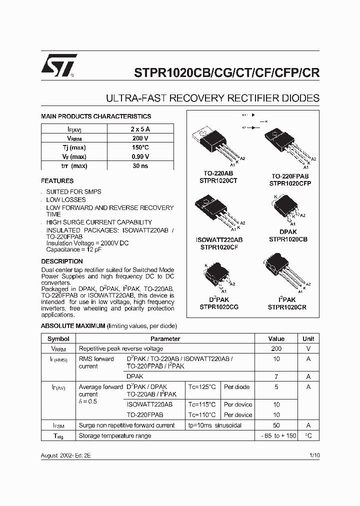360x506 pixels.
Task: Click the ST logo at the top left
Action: (59, 65)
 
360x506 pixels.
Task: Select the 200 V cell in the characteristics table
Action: (140, 138)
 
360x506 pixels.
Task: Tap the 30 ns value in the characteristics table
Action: (140, 166)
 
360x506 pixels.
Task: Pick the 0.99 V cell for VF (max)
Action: (140, 157)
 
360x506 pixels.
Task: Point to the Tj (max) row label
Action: (74, 148)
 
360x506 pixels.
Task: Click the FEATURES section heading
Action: (57, 181)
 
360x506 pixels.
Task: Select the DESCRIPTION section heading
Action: (62, 261)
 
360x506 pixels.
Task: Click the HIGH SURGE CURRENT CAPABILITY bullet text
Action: (99, 222)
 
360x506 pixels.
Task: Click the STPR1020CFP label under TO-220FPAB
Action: (290, 183)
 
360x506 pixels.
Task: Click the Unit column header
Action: (308, 339)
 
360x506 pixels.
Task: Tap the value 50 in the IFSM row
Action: (276, 425)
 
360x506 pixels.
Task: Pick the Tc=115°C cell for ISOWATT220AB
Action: (202, 404)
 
